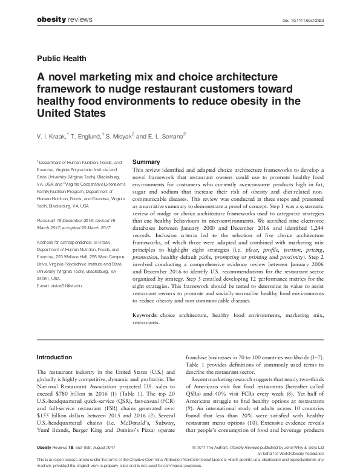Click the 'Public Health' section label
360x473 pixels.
[x=62, y=59]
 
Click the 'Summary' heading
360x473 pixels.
[x=146, y=163]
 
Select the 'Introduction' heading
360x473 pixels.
[x=54, y=357]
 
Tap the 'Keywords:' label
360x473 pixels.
[x=146, y=316]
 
